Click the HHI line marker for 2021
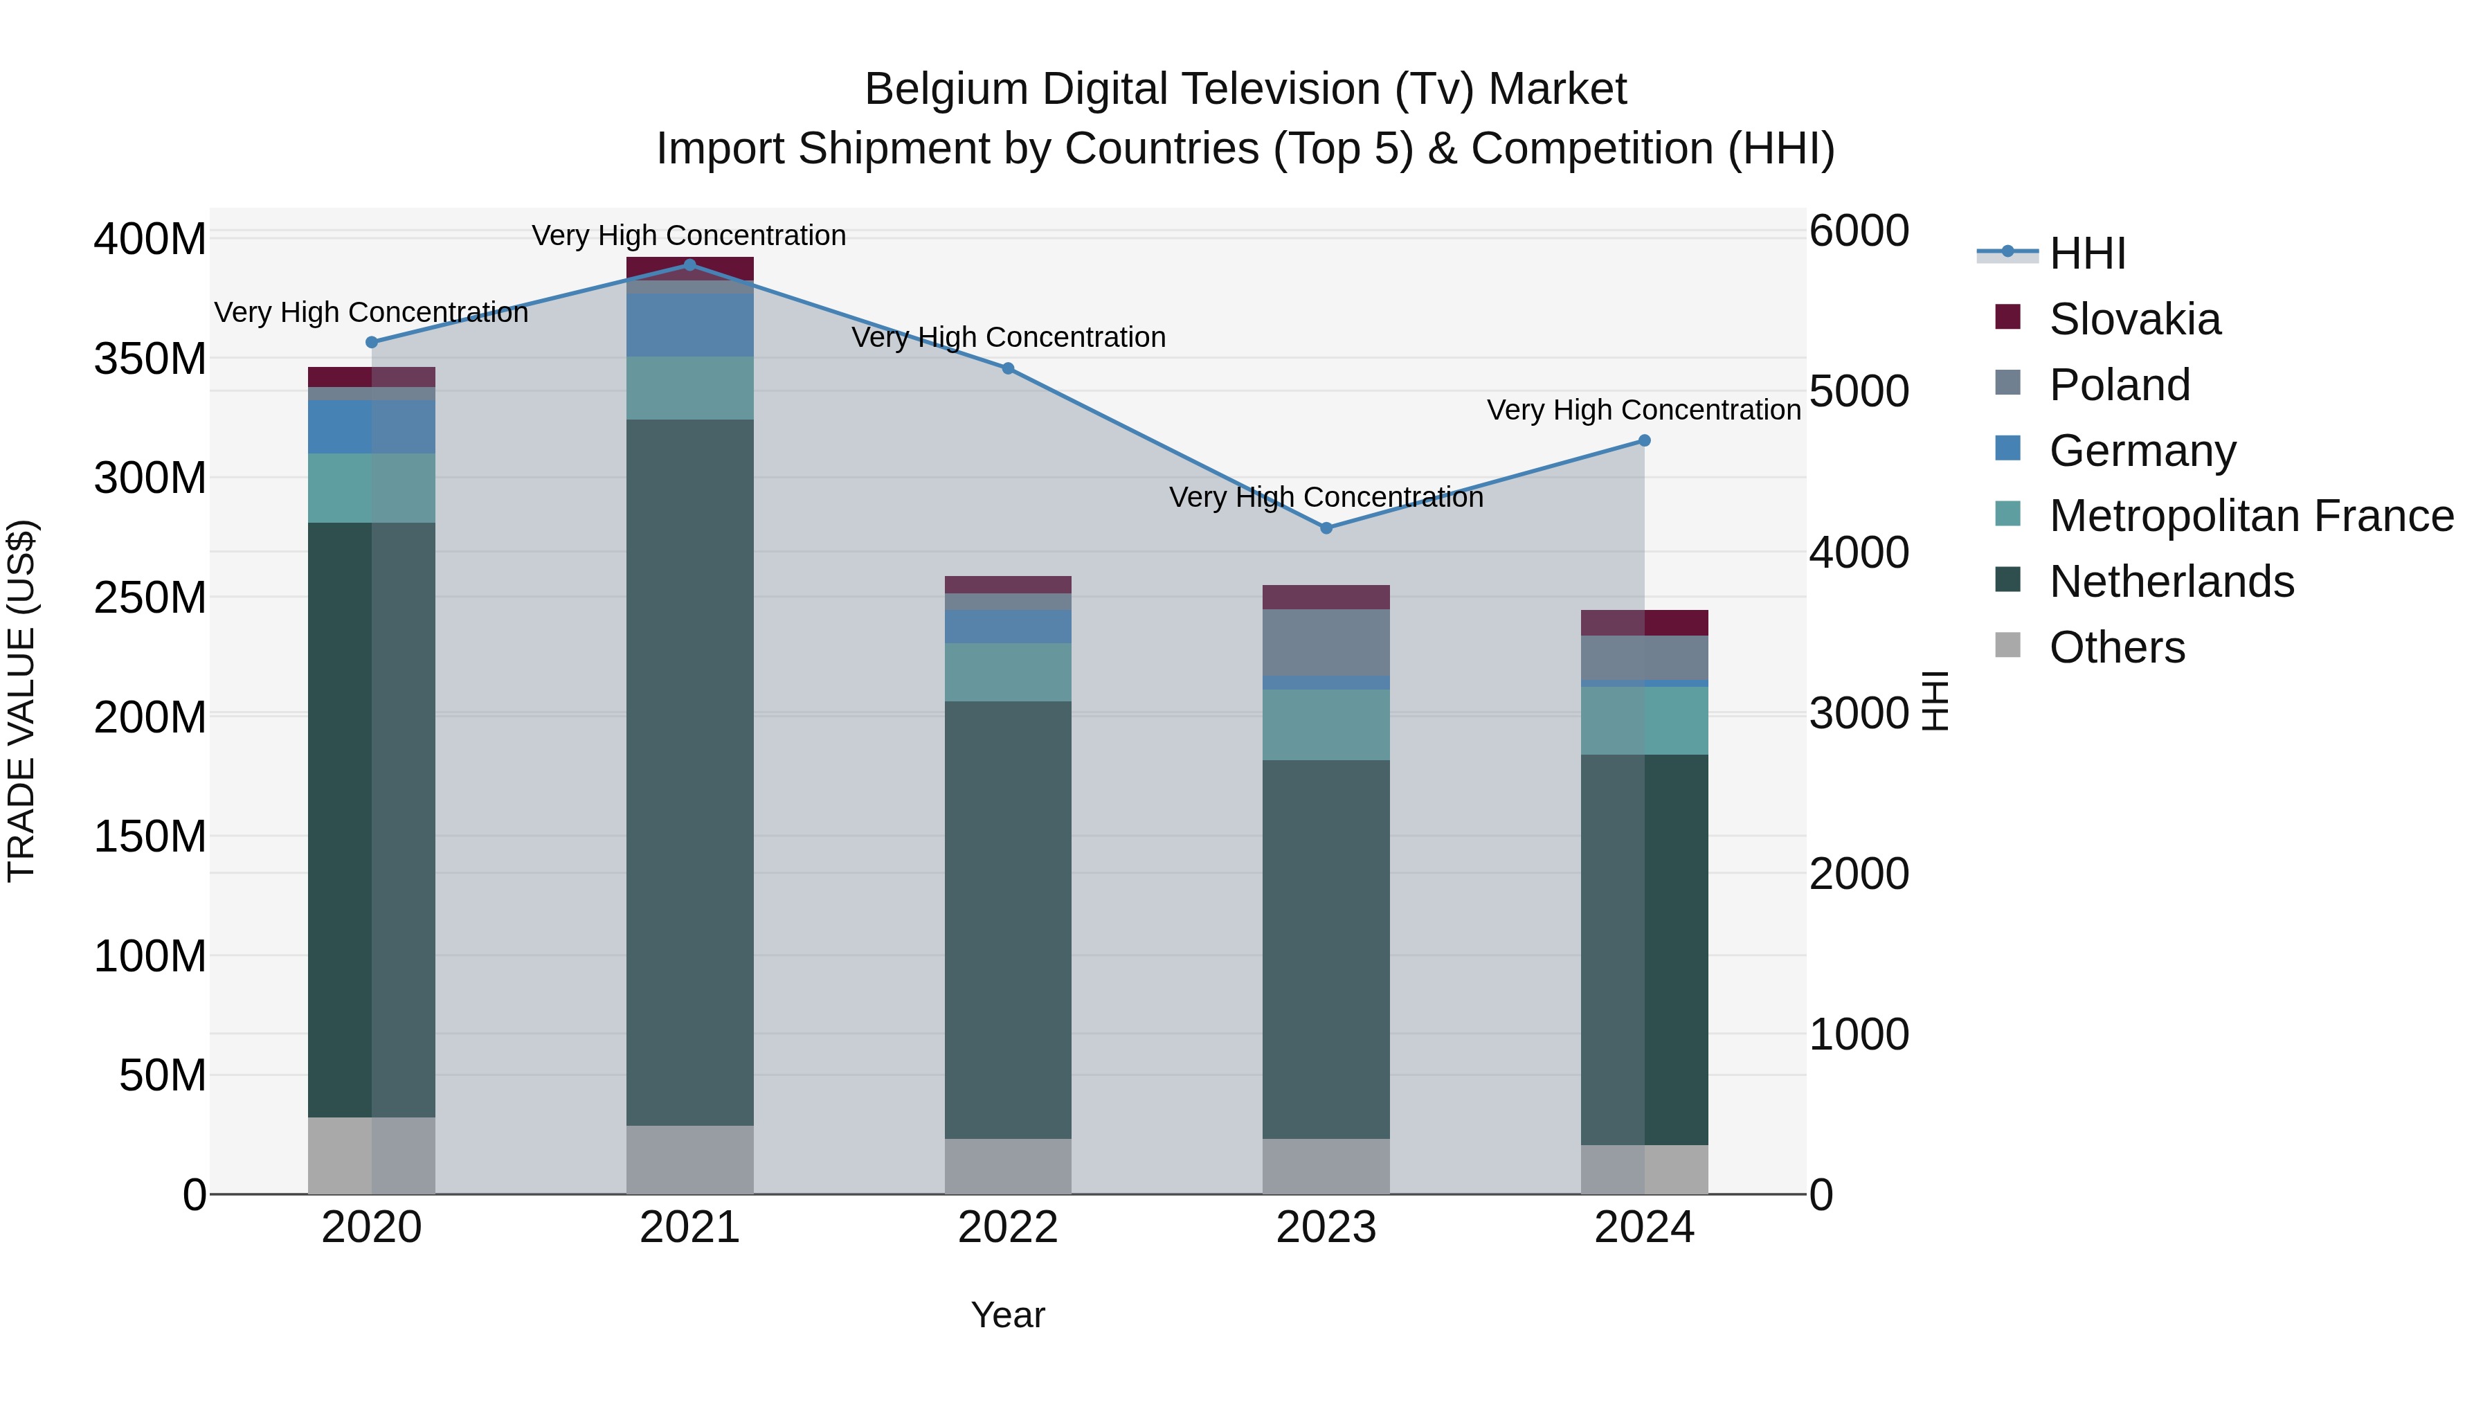click(x=689, y=264)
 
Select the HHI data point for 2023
click(x=1326, y=528)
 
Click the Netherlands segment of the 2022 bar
click(x=1008, y=919)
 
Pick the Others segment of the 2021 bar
click(x=689, y=1159)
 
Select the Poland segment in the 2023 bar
click(x=1326, y=642)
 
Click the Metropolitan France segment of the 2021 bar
click(x=689, y=388)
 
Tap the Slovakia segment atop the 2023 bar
click(x=1326, y=597)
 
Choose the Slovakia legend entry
click(x=2134, y=319)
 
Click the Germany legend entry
click(x=2142, y=451)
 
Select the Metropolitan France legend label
click(x=2251, y=516)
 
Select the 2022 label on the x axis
click(x=1008, y=1228)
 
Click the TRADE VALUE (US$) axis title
click(x=21, y=701)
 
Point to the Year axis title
click(x=1008, y=1315)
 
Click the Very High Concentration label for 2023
click(x=1326, y=497)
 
